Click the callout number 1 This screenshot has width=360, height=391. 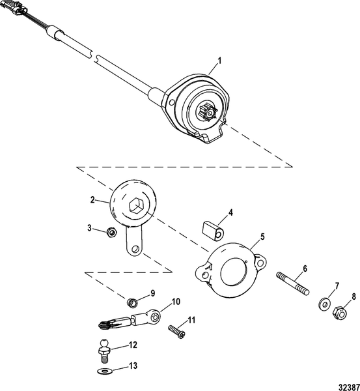(x=219, y=61)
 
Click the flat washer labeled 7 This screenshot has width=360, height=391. (x=323, y=304)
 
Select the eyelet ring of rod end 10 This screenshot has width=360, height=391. (x=153, y=317)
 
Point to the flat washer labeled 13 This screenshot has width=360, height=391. (x=104, y=371)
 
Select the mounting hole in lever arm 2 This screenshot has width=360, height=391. (x=133, y=248)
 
